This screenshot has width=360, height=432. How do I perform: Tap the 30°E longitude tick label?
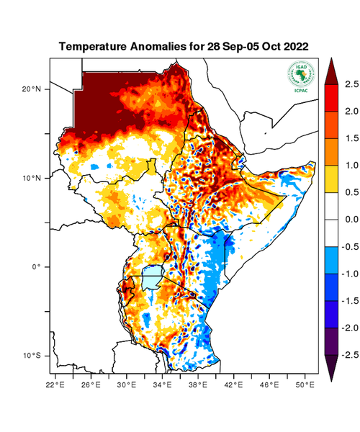127,386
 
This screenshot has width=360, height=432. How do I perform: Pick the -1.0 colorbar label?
348,274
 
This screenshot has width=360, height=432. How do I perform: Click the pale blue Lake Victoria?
152,277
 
